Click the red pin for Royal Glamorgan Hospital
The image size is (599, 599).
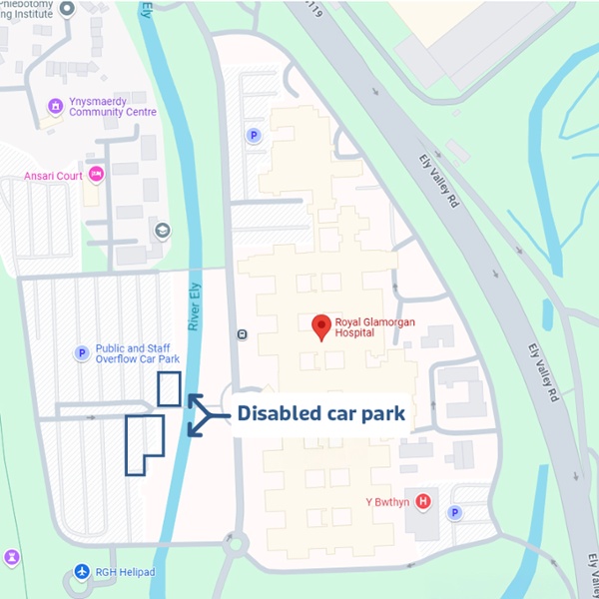click(321, 326)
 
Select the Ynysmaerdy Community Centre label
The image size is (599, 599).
click(113, 107)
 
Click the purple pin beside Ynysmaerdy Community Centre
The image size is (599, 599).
click(55, 107)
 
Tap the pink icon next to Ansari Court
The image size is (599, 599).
click(97, 176)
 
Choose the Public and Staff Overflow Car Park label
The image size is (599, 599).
click(138, 353)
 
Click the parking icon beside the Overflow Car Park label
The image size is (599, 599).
click(82, 353)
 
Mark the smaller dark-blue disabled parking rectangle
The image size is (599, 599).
click(169, 388)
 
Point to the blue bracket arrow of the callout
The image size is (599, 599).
click(199, 414)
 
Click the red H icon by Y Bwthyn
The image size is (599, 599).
click(423, 501)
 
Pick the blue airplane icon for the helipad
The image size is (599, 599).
click(82, 571)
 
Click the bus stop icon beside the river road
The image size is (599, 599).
click(242, 333)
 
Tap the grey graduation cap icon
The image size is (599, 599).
click(162, 231)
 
